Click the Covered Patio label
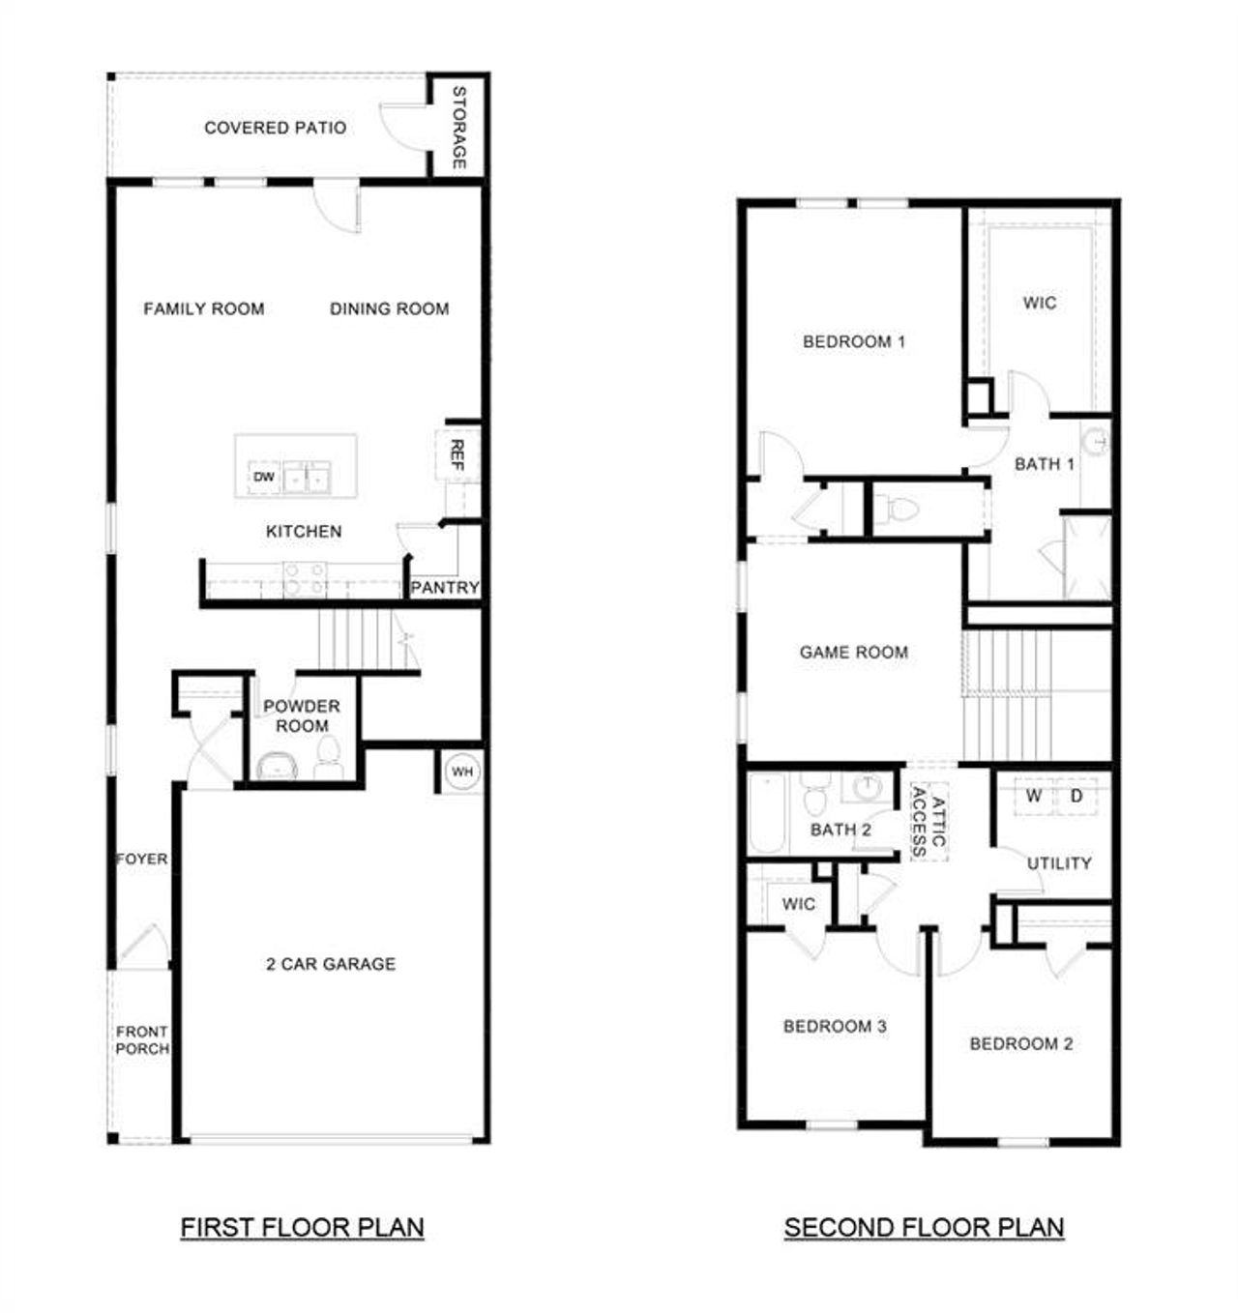click(275, 128)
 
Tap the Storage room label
click(459, 128)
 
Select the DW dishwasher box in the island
click(264, 477)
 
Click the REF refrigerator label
click(457, 454)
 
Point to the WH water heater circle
click(462, 772)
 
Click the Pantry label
click(445, 588)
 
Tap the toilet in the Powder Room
click(328, 759)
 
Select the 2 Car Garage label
click(331, 964)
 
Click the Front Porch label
click(142, 1040)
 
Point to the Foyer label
click(142, 859)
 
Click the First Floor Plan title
click(302, 1228)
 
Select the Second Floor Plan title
click(924, 1228)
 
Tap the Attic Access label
click(928, 822)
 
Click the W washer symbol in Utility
click(1034, 797)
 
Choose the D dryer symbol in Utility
click(1076, 797)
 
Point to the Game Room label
click(853, 653)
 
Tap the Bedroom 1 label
click(854, 341)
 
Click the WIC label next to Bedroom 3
click(798, 904)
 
